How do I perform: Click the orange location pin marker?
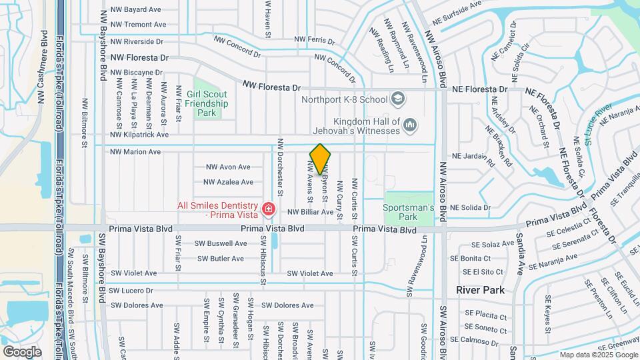pyautogui.click(x=320, y=159)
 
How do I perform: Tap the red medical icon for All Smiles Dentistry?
pyautogui.click(x=269, y=210)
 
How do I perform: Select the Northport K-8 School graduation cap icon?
pyautogui.click(x=398, y=99)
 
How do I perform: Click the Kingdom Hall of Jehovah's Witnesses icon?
pyautogui.click(x=410, y=125)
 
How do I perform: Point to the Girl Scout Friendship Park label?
pyautogui.click(x=207, y=103)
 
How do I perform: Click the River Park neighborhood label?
pyautogui.click(x=480, y=290)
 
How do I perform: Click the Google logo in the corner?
pyautogui.click(x=22, y=351)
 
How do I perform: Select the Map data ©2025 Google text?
pyautogui.click(x=598, y=355)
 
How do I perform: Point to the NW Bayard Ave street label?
pyautogui.click(x=136, y=10)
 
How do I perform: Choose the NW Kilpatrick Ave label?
pyautogui.click(x=139, y=135)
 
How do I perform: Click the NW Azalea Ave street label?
pyautogui.click(x=228, y=182)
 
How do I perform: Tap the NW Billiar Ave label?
pyautogui.click(x=310, y=212)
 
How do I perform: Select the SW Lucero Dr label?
pyautogui.click(x=131, y=291)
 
